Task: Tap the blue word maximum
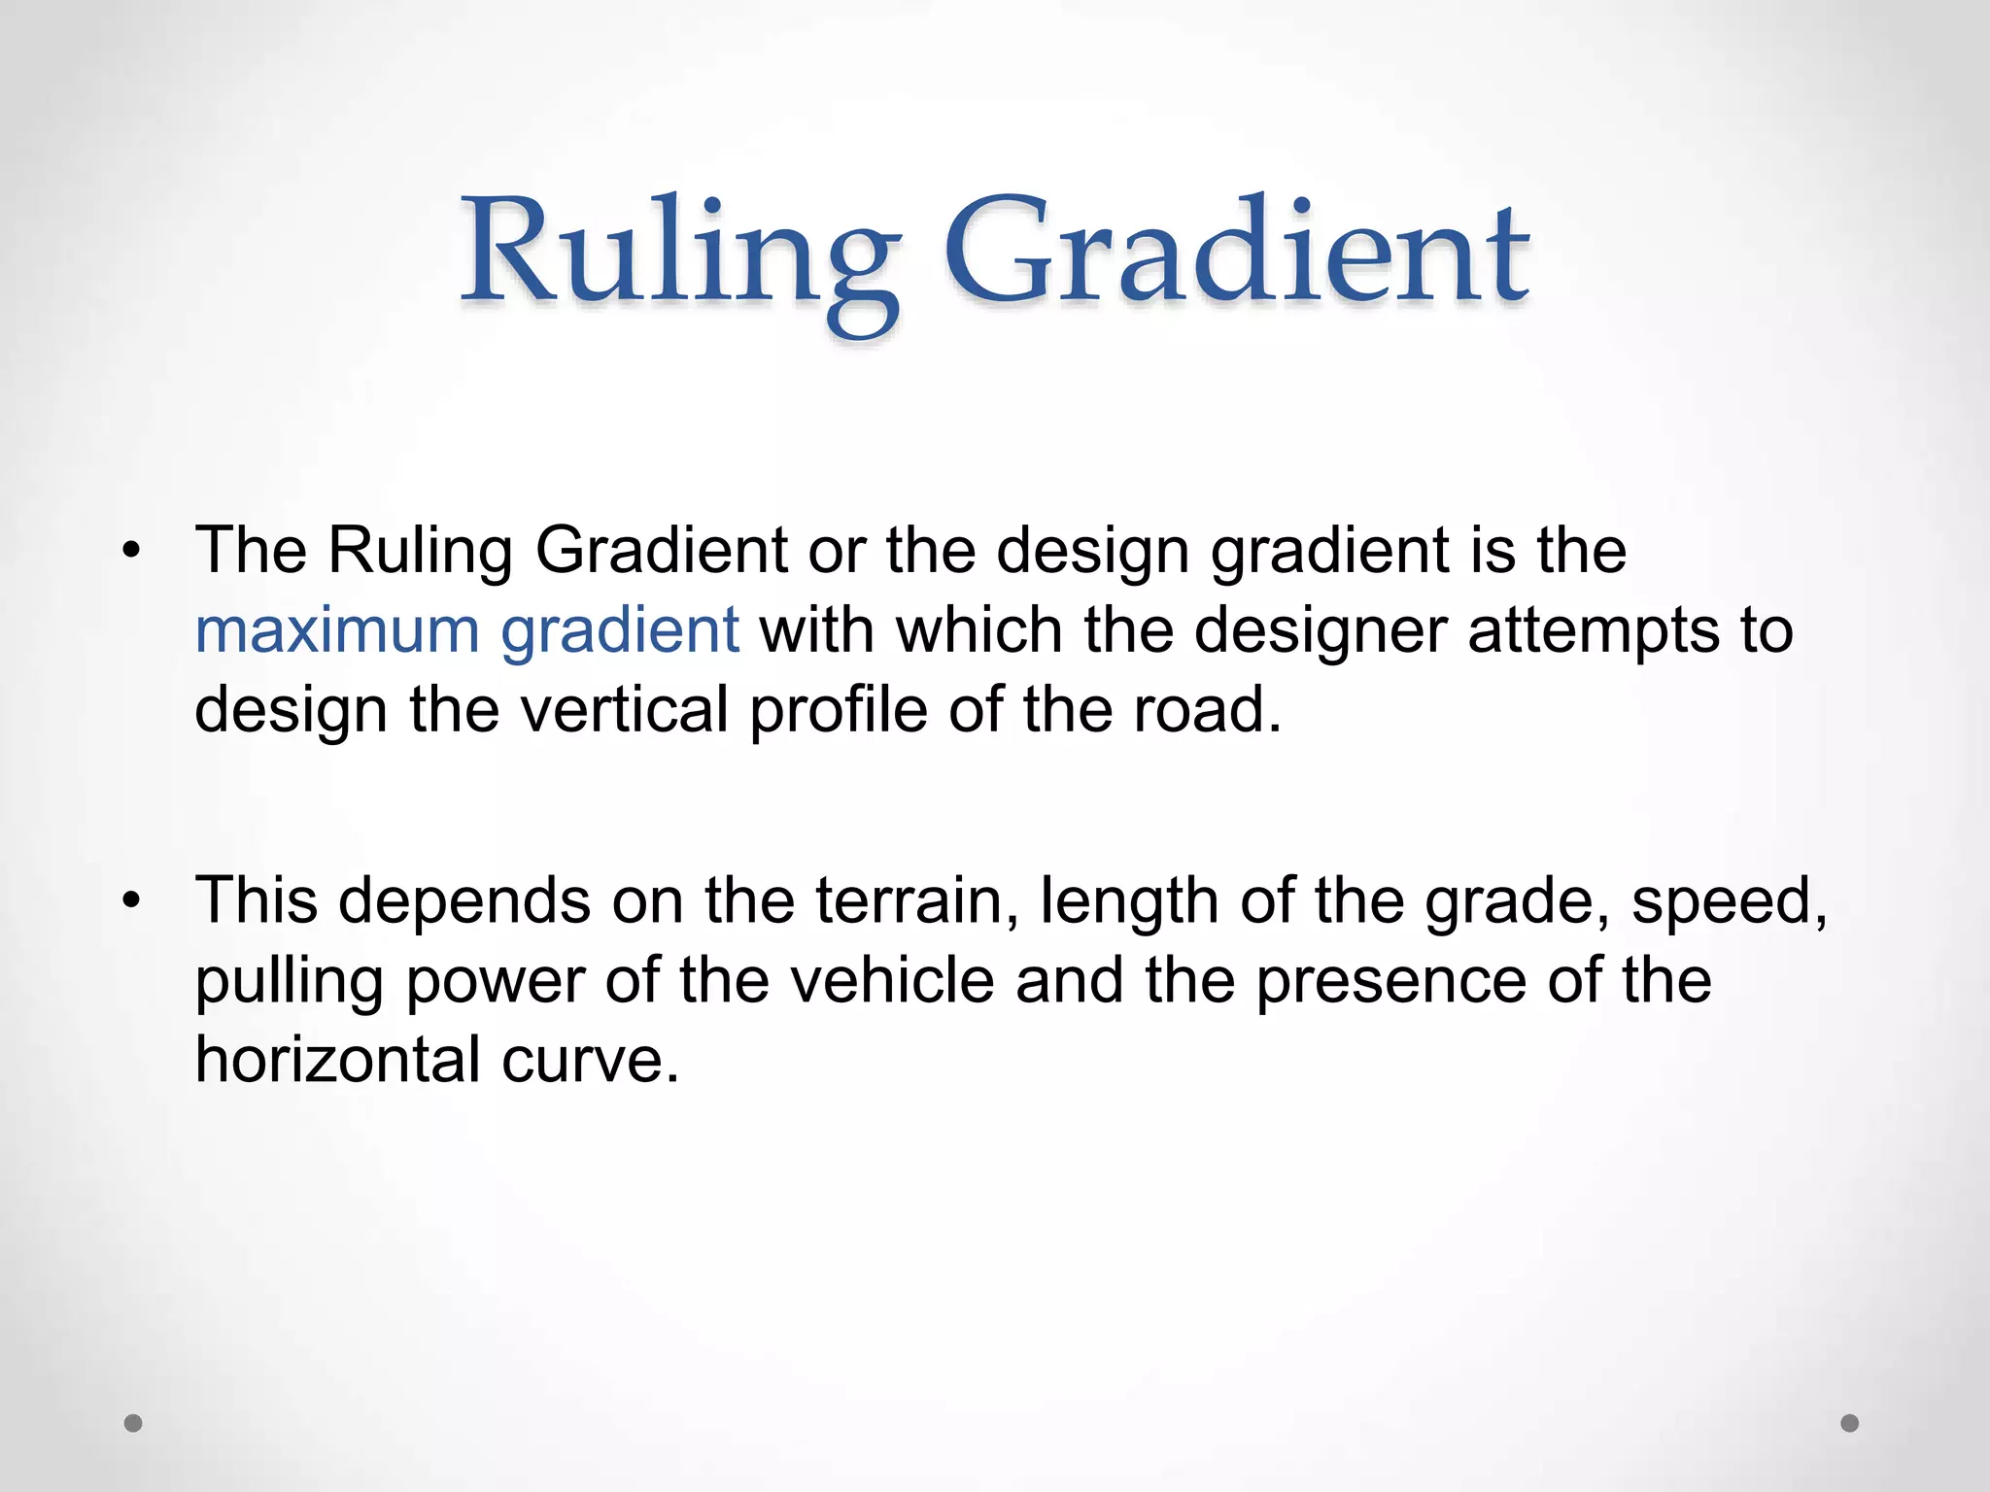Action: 337,629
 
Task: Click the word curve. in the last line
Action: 590,1059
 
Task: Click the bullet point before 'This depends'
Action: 132,901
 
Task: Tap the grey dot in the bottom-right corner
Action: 1850,1423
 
